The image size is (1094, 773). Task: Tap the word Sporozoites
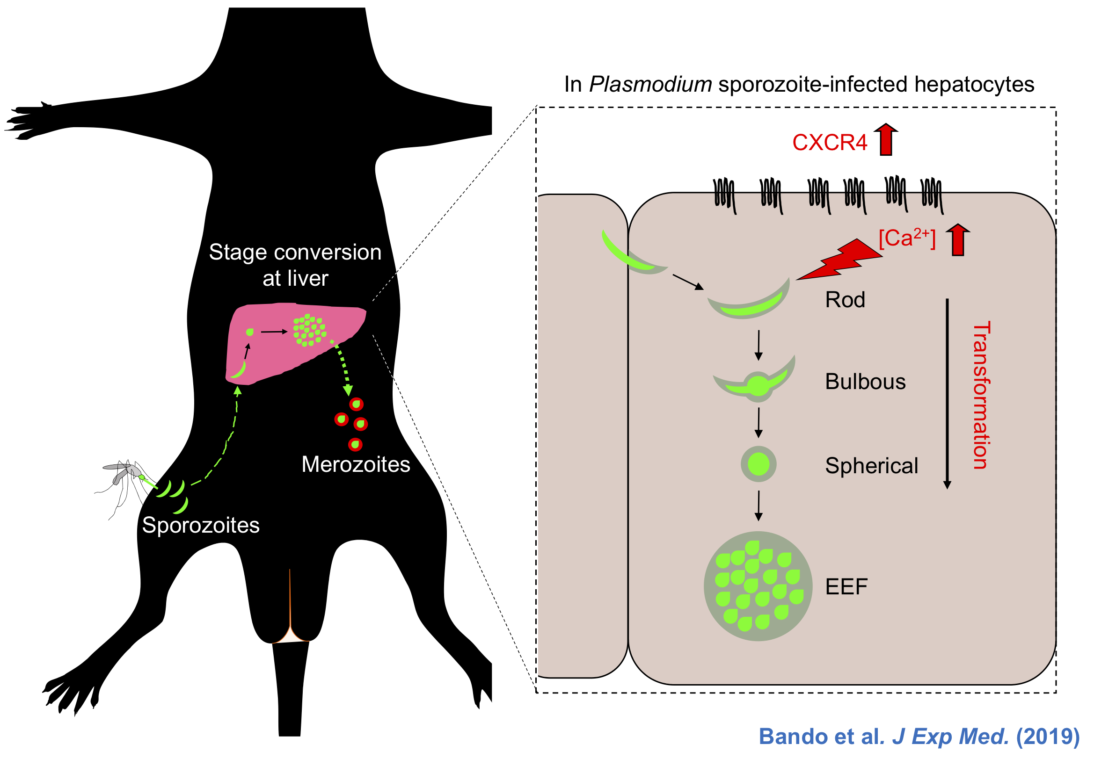(x=201, y=525)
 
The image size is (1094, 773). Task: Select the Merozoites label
(x=356, y=464)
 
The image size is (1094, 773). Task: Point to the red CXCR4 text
(x=830, y=143)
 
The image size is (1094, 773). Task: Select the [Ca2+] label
(x=907, y=238)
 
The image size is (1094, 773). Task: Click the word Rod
(x=845, y=300)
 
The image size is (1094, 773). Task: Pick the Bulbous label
(x=865, y=382)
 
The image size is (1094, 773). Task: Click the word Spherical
(x=871, y=466)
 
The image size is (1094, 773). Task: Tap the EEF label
(x=846, y=587)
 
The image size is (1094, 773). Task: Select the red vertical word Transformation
(x=981, y=395)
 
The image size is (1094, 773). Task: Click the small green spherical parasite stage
(x=759, y=464)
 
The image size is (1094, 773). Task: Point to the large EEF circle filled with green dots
(x=758, y=586)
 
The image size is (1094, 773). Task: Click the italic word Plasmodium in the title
(x=650, y=85)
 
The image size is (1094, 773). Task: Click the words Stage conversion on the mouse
(x=295, y=253)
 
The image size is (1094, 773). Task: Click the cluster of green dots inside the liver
(x=309, y=330)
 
